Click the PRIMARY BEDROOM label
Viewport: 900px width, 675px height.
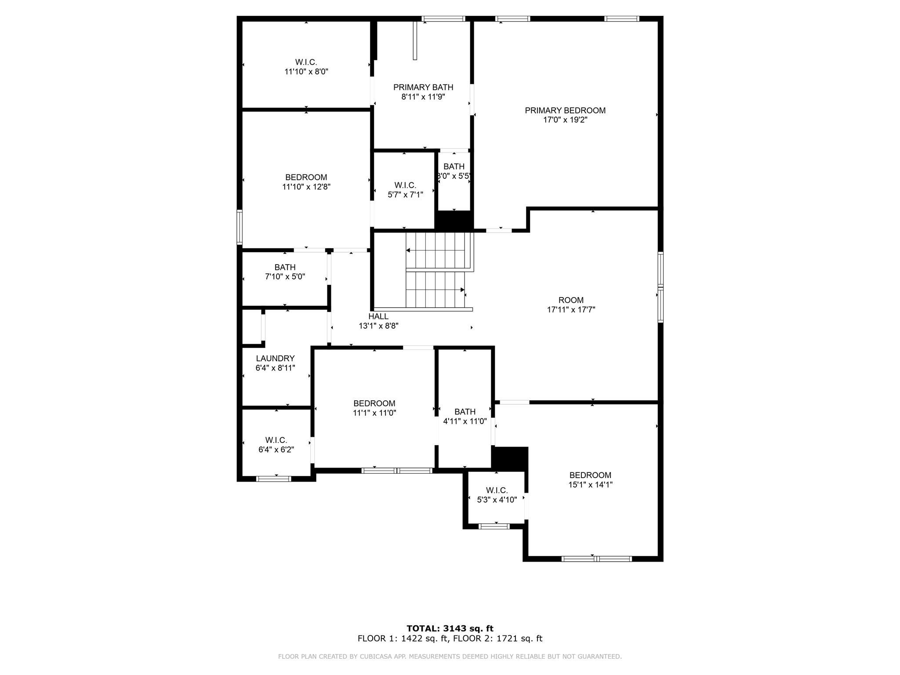pyautogui.click(x=565, y=111)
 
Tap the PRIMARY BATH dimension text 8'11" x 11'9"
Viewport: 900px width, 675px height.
pyautogui.click(x=423, y=97)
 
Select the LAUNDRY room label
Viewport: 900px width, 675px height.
pyautogui.click(x=275, y=359)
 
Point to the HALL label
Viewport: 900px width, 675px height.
pyautogui.click(x=378, y=316)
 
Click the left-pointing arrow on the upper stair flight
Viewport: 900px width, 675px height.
pyautogui.click(x=408, y=250)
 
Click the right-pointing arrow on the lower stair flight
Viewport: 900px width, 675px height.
pyautogui.click(x=462, y=290)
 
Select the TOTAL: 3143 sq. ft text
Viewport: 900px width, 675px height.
pyautogui.click(x=450, y=628)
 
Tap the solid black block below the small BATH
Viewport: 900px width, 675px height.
pyautogui.click(x=454, y=220)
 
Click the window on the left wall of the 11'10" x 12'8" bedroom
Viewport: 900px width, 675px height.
pyautogui.click(x=240, y=227)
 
